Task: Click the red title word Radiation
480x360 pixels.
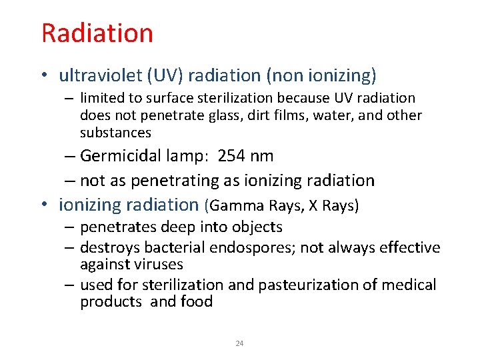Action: point(97,33)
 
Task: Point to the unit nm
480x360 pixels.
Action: point(262,156)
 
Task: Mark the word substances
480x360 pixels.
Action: point(116,133)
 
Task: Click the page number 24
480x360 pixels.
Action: point(240,344)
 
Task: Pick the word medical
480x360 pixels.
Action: point(409,285)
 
